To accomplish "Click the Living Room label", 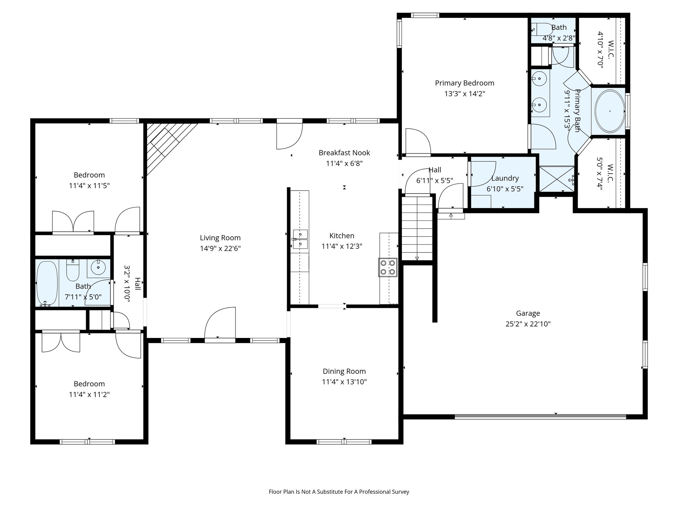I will (220, 238).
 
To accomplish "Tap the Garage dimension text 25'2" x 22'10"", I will (528, 324).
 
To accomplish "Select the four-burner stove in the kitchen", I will (388, 267).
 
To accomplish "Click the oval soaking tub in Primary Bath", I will (610, 111).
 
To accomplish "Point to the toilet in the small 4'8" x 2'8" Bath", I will (541, 29).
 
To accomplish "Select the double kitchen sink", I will (300, 239).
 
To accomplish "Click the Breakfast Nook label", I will (344, 153).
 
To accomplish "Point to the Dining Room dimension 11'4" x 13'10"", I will (344, 382).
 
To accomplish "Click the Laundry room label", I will (505, 178).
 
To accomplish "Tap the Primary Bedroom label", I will (464, 83).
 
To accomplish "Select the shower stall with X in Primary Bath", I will (557, 179).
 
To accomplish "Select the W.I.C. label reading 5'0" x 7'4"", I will (605, 177).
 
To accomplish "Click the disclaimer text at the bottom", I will (339, 492).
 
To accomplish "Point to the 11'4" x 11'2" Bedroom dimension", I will (89, 394).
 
